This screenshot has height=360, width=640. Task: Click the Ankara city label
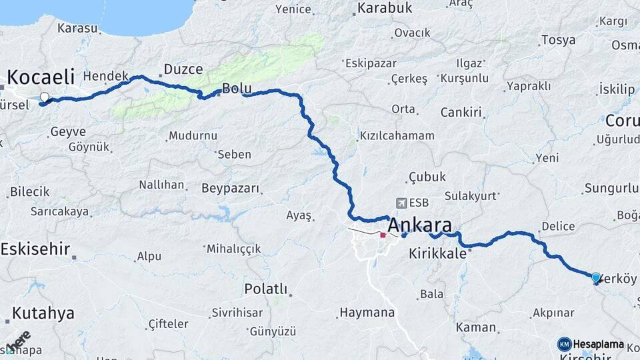point(419,225)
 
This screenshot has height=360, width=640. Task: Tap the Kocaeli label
point(40,76)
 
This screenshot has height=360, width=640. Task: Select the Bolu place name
point(236,88)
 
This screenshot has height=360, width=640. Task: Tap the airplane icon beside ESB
point(400,203)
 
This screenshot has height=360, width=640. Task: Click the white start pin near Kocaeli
point(45,98)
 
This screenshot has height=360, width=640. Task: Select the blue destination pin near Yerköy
point(595,277)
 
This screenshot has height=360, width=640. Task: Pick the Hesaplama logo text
point(598,344)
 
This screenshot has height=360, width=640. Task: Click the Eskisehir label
point(35,249)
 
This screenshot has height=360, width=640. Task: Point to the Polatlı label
point(265,289)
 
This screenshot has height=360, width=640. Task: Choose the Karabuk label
point(385,8)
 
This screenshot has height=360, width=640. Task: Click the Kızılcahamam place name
point(397,135)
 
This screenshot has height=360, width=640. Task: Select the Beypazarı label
point(229,188)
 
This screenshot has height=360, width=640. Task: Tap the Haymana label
point(367,312)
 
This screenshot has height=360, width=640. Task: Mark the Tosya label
point(558,40)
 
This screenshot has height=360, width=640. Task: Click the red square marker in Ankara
point(383,235)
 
